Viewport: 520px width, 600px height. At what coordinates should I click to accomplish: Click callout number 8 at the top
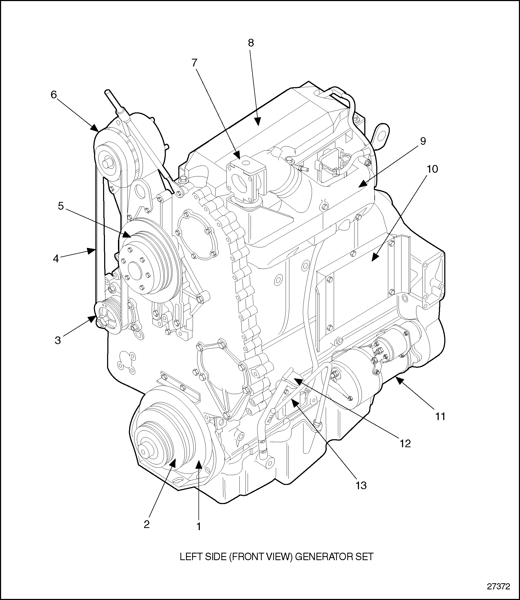[x=251, y=43]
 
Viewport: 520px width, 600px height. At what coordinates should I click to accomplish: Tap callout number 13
[x=361, y=485]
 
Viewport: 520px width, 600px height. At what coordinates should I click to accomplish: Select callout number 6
[x=54, y=95]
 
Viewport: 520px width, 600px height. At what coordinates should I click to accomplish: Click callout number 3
[x=58, y=340]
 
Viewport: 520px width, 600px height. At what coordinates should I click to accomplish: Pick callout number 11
[x=440, y=417]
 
